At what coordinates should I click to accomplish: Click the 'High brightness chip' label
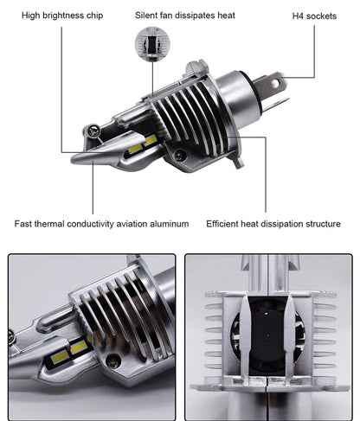point(62,16)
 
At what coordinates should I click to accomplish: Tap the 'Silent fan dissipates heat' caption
point(185,16)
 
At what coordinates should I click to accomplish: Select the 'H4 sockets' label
point(314,16)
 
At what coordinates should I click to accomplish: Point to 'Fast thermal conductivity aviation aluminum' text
point(101,224)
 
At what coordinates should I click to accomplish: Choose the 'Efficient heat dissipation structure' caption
point(273,224)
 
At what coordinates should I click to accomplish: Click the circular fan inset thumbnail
point(152,44)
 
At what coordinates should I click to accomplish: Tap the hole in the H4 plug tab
point(275,84)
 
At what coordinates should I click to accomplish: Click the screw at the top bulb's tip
point(93,131)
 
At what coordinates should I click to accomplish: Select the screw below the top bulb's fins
point(180,156)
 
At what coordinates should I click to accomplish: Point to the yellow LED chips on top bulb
point(143,144)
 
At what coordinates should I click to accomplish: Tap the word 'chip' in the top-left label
point(94,16)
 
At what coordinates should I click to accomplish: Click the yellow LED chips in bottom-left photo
point(69,350)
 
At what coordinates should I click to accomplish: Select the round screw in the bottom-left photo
point(112,361)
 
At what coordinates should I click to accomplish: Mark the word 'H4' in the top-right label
point(298,16)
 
